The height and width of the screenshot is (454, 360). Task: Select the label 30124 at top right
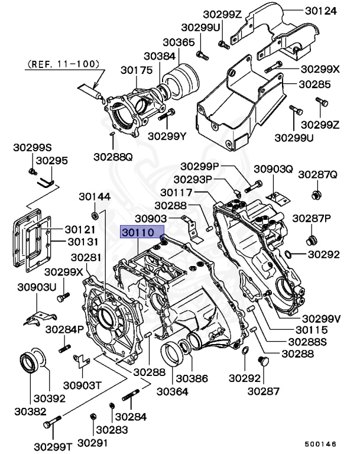pyautogui.click(x=322, y=11)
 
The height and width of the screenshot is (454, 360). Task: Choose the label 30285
pyautogui.click(x=314, y=84)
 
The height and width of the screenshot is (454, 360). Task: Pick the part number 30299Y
pyautogui.click(x=167, y=137)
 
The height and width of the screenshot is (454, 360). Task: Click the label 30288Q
pyautogui.click(x=113, y=157)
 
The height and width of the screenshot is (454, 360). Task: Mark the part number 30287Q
pyautogui.click(x=317, y=175)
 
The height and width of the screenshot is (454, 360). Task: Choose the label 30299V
pyautogui.click(x=322, y=319)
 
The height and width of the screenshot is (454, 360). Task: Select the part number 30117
pyautogui.click(x=177, y=192)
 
